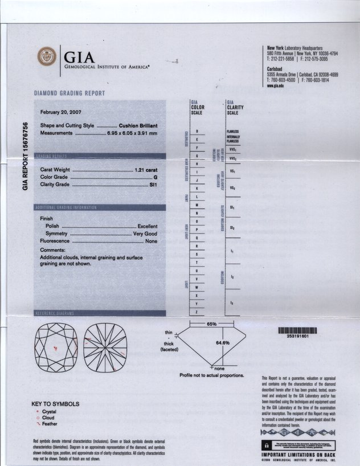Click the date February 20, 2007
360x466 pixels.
click(62, 112)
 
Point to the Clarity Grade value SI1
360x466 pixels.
click(152, 185)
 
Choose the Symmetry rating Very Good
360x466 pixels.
click(145, 234)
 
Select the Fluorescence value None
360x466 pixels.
click(151, 241)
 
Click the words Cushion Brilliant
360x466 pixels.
click(138, 125)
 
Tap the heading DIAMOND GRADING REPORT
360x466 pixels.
click(69, 93)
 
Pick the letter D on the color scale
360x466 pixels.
click(197, 131)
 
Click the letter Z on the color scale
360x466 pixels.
click(197, 312)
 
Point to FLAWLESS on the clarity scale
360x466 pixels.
click(232, 131)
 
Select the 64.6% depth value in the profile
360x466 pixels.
click(222, 343)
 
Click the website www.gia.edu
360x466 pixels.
click(276, 85)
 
